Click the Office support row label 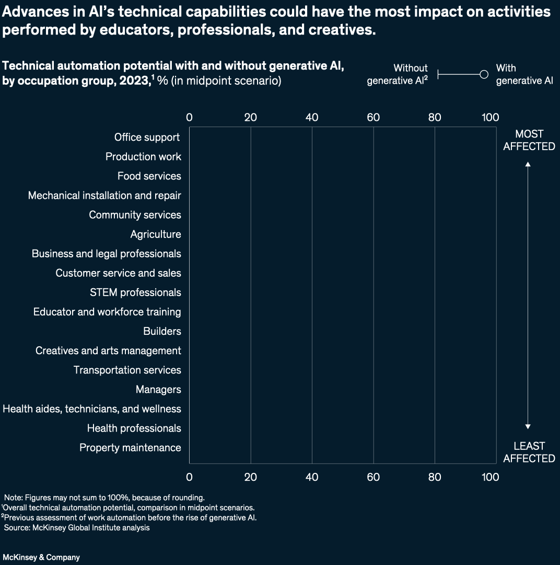pyautogui.click(x=147, y=137)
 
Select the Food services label pyautogui.click(x=149, y=176)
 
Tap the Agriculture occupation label pyautogui.click(x=156, y=234)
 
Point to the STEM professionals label pyautogui.click(x=135, y=292)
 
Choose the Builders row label pyautogui.click(x=162, y=331)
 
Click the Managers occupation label pyautogui.click(x=158, y=389)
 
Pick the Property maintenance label pyautogui.click(x=130, y=447)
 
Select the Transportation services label pyautogui.click(x=127, y=370)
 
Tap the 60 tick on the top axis pyautogui.click(x=373, y=117)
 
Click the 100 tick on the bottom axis pyautogui.click(x=490, y=477)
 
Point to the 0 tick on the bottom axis pyautogui.click(x=189, y=477)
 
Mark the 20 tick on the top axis pyautogui.click(x=250, y=117)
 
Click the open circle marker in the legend pyautogui.click(x=484, y=75)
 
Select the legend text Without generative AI pyautogui.click(x=398, y=74)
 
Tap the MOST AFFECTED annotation pyautogui.click(x=529, y=140)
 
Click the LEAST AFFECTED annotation pyautogui.click(x=529, y=452)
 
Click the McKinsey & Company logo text pyautogui.click(x=41, y=557)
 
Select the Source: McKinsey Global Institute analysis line pyautogui.click(x=77, y=528)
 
